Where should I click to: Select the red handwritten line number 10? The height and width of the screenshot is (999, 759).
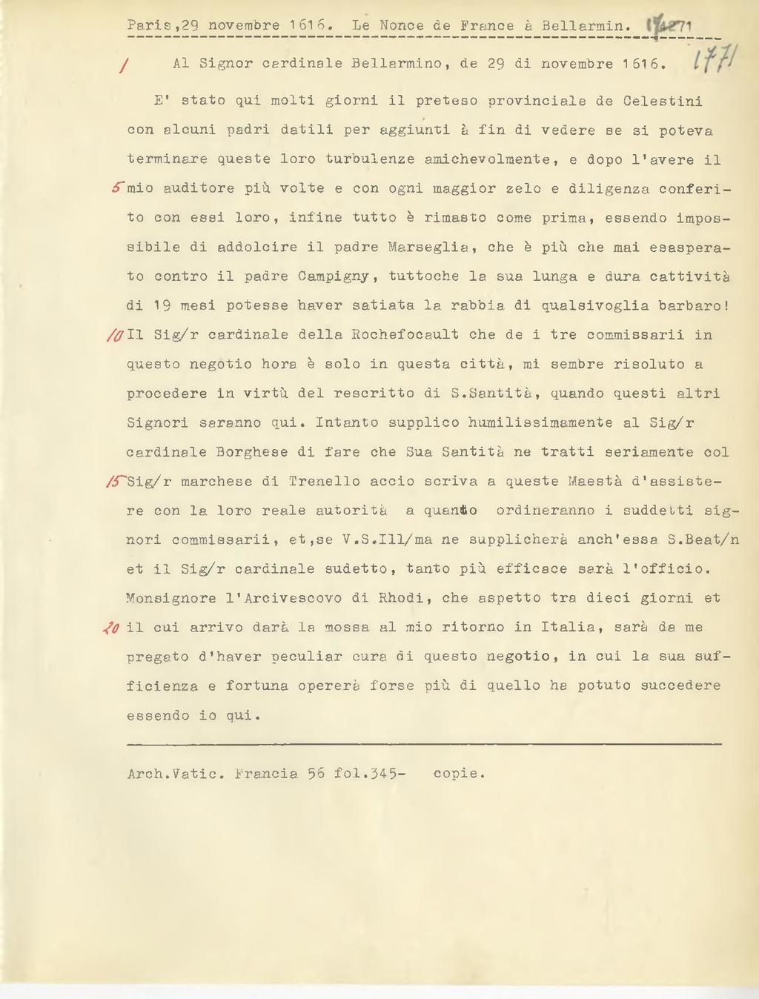click(x=116, y=335)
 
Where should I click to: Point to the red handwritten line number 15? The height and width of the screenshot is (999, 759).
click(x=116, y=482)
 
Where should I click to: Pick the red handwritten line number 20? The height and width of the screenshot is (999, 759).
click(x=112, y=628)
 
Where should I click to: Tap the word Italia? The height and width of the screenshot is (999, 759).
click(x=567, y=627)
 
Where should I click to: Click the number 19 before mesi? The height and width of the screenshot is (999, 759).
click(x=162, y=305)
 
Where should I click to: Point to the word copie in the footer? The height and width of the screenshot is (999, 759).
click(x=458, y=774)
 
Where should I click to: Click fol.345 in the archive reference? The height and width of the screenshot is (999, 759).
click(x=368, y=774)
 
